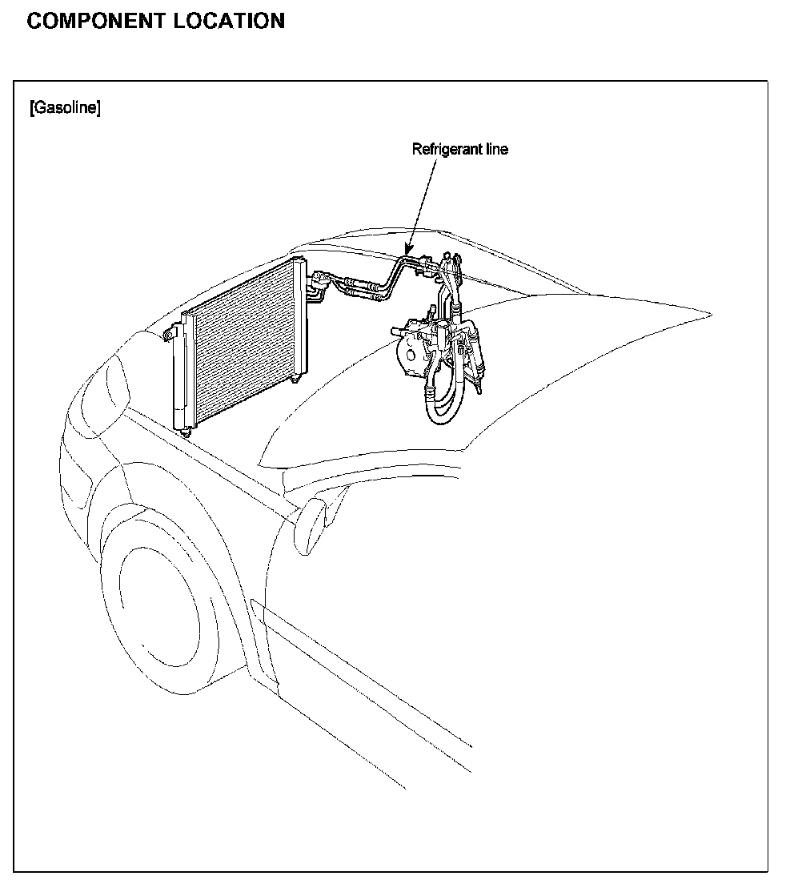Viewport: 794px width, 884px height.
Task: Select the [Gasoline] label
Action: point(64,108)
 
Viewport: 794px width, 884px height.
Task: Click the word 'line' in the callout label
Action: point(497,149)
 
